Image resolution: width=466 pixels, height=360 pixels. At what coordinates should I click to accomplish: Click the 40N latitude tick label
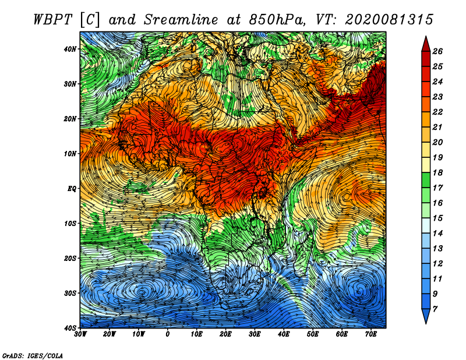pyautogui.click(x=70, y=49)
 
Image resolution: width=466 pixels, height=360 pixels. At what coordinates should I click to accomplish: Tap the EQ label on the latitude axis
pyautogui.click(x=72, y=189)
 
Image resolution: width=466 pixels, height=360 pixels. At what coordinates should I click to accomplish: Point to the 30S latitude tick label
pyautogui.click(x=70, y=293)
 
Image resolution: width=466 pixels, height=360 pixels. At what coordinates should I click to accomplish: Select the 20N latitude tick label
pyautogui.click(x=70, y=119)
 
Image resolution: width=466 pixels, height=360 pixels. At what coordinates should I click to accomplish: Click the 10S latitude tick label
pyautogui.click(x=70, y=224)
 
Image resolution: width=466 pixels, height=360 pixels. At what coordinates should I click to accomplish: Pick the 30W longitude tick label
pyautogui.click(x=80, y=334)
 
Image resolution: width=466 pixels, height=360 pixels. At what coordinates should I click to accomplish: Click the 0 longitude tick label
pyautogui.click(x=168, y=334)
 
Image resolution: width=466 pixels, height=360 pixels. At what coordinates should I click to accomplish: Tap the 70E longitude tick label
pyautogui.click(x=371, y=334)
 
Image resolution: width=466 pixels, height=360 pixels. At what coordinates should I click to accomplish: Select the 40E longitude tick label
pyautogui.click(x=284, y=334)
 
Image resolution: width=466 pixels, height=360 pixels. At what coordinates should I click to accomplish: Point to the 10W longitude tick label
pyautogui.click(x=139, y=334)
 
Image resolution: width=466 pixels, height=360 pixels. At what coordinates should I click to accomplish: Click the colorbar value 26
pyautogui.click(x=437, y=51)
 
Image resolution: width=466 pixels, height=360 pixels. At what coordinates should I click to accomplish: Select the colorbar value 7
pyautogui.click(x=435, y=309)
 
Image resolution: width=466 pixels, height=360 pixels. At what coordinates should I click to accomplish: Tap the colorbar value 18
pyautogui.click(x=437, y=172)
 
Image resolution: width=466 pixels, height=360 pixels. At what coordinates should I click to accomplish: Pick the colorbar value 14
pyautogui.click(x=437, y=234)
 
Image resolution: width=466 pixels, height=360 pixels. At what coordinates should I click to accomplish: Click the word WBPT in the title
pyautogui.click(x=53, y=20)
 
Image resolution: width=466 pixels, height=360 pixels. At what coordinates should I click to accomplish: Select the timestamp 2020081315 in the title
pyautogui.click(x=389, y=20)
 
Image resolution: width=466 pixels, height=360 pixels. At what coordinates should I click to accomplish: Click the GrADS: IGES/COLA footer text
pyautogui.click(x=33, y=355)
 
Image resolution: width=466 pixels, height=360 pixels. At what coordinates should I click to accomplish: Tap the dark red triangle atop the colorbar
pyautogui.click(x=426, y=45)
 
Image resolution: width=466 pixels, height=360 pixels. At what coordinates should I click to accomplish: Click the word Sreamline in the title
pyautogui.click(x=181, y=20)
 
